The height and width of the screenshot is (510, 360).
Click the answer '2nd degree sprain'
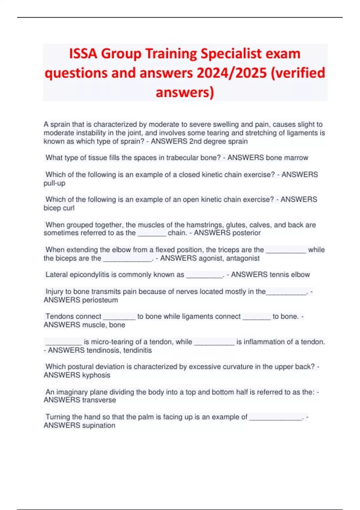pyautogui.click(x=218, y=141)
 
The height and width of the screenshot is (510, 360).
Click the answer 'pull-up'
pyautogui.click(x=54, y=183)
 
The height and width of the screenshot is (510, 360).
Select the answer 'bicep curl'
pyautogui.click(x=59, y=208)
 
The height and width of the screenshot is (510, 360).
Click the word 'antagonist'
pyautogui.click(x=243, y=258)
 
